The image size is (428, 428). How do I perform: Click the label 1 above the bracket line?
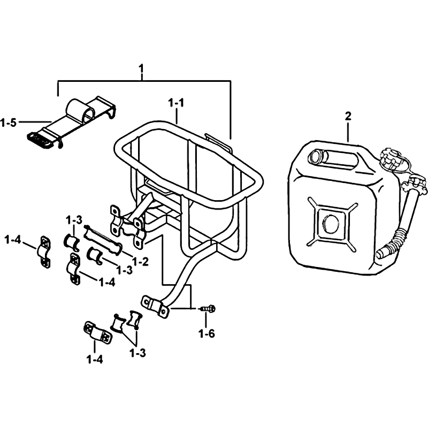(x=141, y=69)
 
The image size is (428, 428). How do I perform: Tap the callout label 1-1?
(x=176, y=103)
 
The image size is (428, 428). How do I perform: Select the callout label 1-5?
(x=9, y=123)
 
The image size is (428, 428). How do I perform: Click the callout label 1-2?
(x=141, y=262)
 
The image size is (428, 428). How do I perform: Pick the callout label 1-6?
(x=207, y=333)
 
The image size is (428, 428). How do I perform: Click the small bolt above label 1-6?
(x=208, y=309)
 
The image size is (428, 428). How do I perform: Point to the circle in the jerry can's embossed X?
(x=331, y=222)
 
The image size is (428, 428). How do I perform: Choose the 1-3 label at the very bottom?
(x=137, y=353)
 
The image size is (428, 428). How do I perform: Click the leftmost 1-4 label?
(x=12, y=241)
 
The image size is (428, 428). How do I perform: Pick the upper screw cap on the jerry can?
(x=392, y=158)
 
